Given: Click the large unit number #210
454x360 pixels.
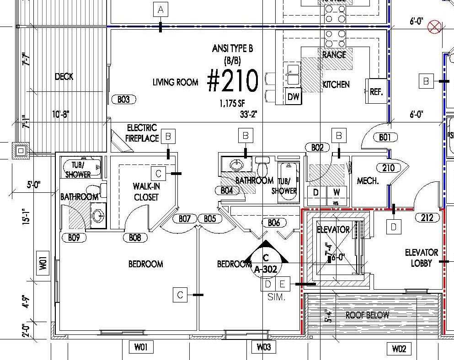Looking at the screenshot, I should (233, 81).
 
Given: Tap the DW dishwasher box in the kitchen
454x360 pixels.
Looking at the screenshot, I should (293, 96).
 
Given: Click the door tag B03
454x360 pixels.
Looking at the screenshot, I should (123, 99).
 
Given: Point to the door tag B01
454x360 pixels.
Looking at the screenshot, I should (385, 137).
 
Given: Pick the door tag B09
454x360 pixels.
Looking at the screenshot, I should (74, 237).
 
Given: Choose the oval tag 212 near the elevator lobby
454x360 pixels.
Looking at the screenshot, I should (426, 217).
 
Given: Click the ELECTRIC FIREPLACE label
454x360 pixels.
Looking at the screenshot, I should (142, 132).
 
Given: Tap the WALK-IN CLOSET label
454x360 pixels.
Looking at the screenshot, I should (146, 191).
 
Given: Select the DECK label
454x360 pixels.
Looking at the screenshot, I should (64, 77).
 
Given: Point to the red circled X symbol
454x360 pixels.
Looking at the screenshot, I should (433, 27).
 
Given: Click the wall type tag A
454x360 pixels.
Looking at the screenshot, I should (160, 9).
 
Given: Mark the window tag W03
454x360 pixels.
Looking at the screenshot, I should (263, 347).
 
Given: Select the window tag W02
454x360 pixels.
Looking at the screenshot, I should (399, 349).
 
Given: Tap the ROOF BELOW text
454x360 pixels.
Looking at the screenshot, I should (367, 315).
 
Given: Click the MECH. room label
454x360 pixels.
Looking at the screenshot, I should (368, 180).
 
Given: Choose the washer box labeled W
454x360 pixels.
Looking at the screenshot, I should (336, 192).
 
